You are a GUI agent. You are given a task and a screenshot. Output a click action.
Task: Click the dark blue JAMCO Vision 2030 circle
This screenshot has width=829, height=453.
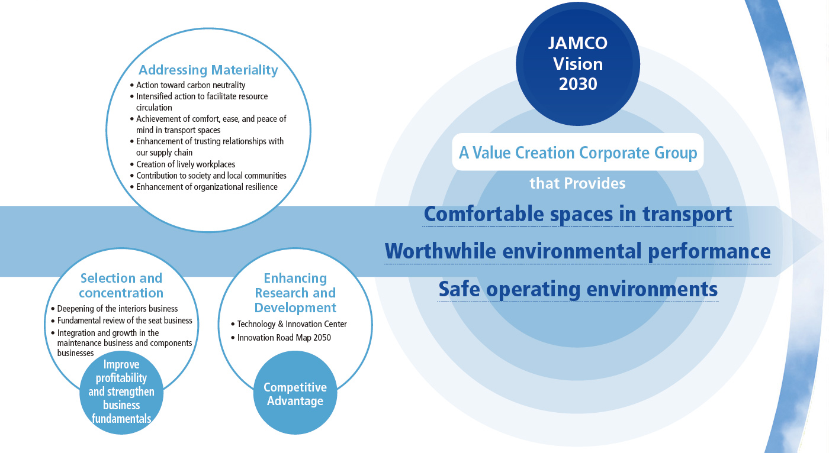(578, 63)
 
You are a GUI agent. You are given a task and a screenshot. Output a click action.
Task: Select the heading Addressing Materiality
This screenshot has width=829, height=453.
(208, 70)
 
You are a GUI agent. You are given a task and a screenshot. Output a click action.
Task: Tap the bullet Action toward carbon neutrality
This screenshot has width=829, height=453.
(188, 85)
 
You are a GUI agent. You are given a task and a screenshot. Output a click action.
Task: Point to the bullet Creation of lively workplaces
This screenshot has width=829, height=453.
(183, 164)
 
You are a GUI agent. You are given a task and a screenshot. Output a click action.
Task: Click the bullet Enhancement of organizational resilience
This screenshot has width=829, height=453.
(204, 187)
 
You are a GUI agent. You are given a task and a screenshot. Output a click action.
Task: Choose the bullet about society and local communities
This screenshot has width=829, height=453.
(208, 176)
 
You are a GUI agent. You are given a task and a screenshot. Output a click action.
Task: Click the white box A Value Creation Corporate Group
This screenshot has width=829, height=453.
(578, 152)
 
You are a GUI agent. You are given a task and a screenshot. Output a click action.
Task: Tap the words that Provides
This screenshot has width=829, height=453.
(578, 183)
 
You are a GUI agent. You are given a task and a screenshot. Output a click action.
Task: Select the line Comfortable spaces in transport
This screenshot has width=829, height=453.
(578, 214)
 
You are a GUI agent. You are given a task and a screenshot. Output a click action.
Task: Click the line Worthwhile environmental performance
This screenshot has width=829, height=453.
(578, 251)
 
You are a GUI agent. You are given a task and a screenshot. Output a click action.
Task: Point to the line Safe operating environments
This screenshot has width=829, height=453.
(578, 289)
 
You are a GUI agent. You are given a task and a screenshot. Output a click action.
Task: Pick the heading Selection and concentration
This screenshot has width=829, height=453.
(121, 285)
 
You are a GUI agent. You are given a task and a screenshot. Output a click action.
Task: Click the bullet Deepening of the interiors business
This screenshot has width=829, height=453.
(115, 309)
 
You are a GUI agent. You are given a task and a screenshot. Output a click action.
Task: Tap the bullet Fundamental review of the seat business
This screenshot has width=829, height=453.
(122, 321)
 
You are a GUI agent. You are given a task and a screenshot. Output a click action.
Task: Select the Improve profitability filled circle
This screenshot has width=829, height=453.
(121, 393)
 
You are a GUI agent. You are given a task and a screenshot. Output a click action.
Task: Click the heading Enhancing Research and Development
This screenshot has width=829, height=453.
(295, 293)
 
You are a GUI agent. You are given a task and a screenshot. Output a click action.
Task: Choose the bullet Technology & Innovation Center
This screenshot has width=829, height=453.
(289, 324)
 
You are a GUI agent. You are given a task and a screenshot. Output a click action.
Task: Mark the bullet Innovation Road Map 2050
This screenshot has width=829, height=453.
(281, 337)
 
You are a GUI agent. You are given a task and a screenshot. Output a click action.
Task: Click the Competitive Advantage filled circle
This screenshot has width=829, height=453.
(295, 393)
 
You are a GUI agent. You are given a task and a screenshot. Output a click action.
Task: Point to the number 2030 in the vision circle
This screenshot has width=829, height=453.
(578, 84)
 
